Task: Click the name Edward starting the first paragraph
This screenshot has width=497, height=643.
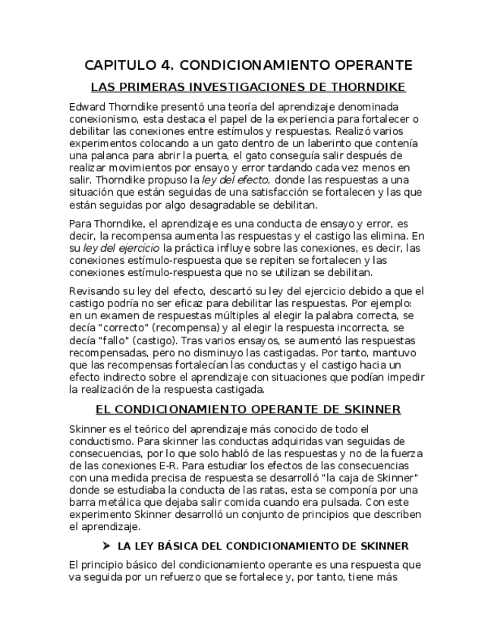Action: [x=88, y=107]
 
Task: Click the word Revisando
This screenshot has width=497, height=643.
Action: [x=96, y=290]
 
